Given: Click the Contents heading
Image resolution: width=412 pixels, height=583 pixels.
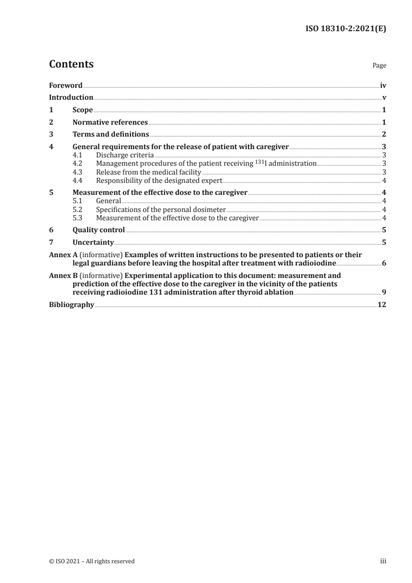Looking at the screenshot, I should coord(71,65).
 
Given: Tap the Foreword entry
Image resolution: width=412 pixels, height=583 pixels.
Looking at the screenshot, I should coord(65,85).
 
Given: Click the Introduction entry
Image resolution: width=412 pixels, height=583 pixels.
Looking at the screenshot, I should coord(71,97).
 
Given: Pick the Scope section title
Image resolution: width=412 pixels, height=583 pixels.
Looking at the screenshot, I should coord(83,110).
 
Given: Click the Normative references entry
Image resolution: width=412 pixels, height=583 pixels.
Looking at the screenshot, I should coord(110,122).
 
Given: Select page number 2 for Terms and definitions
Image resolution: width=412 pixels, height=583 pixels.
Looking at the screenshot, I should coord(383,135).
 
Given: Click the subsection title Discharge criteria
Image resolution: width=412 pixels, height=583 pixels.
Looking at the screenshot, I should coord(125,155).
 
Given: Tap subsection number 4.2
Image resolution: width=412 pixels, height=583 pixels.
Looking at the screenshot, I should coord(77,164).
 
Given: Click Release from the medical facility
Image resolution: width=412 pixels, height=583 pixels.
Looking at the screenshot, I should coord(149,172).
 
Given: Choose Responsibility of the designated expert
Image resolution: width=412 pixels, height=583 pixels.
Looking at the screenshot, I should coord(159,180).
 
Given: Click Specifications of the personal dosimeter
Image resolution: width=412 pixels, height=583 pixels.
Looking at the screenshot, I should coord(162,209).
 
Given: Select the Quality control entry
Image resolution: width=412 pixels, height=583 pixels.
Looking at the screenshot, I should coord(99,230).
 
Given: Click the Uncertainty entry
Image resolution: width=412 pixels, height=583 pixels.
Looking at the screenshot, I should coord(93,242).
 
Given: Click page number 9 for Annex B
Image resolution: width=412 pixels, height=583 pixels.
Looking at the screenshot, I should coord(383,293).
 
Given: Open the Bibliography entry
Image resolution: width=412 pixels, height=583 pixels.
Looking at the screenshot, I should coord(71,305).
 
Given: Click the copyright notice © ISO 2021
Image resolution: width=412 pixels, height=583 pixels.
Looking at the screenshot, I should coord(92,561).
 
